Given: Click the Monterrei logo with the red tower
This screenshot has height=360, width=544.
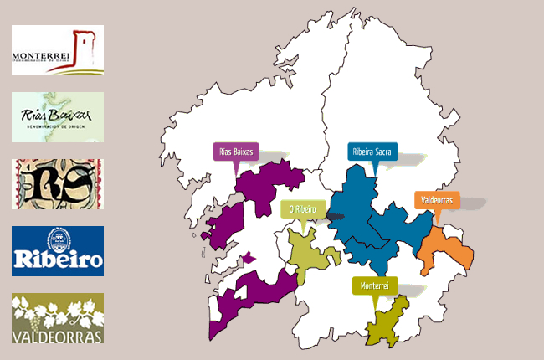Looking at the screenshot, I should tap(58, 50).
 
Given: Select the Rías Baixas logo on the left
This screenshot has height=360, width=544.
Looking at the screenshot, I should tap(58, 117).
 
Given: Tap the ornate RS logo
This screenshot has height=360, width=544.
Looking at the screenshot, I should tap(58, 184).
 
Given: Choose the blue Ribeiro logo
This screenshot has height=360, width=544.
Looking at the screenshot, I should tap(58, 251).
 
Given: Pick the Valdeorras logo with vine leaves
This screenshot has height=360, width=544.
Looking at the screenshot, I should tap(58, 318).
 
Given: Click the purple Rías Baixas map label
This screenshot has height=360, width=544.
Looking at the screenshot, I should tap(235, 152).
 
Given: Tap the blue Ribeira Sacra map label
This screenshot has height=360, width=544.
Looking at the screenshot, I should tap(372, 152).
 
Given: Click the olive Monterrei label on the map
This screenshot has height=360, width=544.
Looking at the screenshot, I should tap(375, 285).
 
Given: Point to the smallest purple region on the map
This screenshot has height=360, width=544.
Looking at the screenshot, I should tap(248, 258).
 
